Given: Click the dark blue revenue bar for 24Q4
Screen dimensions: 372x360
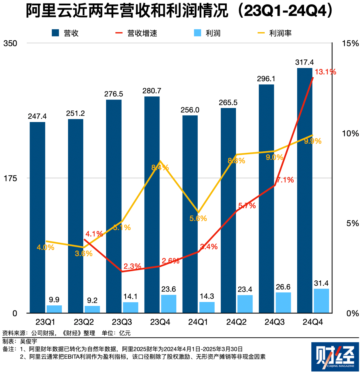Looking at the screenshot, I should click(x=305, y=190).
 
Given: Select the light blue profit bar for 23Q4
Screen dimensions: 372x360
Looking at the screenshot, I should click(x=168, y=304).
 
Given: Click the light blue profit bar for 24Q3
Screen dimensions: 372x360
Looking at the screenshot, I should click(x=283, y=302).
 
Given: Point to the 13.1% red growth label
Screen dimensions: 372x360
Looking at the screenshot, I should click(x=325, y=72).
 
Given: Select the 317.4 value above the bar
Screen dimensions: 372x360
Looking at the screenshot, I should click(x=304, y=62).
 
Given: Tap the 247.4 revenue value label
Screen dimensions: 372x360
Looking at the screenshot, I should click(x=37, y=116).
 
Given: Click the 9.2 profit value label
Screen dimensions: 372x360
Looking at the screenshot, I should click(x=92, y=300).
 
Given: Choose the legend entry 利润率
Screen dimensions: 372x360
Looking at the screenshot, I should click(x=280, y=33).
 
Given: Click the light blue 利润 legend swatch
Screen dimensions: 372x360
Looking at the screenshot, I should click(x=198, y=33).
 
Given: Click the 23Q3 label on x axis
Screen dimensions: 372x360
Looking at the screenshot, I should click(x=122, y=322).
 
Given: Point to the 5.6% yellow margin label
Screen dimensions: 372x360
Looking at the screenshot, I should click(x=199, y=218).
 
